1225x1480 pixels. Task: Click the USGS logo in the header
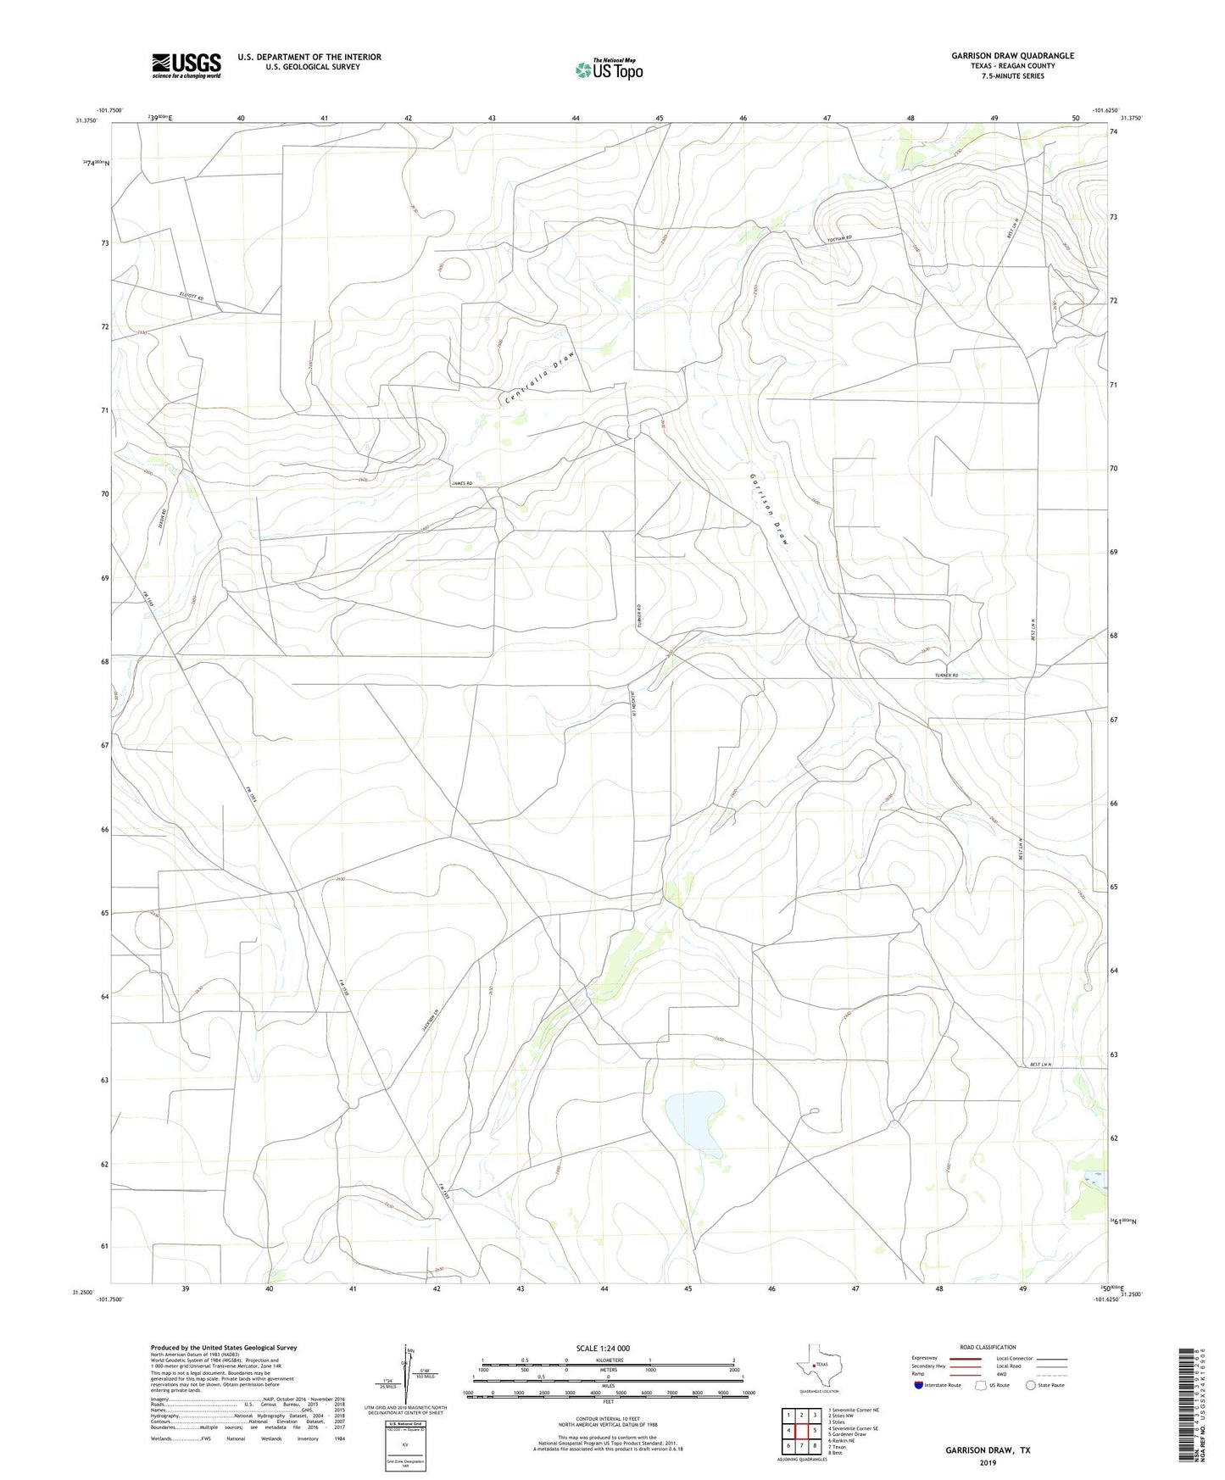[187, 65]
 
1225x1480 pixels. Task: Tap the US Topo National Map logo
[608, 70]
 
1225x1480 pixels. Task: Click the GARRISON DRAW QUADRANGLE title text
[1012, 56]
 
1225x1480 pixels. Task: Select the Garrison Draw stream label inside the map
[769, 508]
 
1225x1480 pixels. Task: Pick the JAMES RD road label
[462, 483]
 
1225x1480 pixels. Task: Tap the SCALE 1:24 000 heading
[603, 1348]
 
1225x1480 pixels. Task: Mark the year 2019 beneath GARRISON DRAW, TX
[988, 1462]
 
